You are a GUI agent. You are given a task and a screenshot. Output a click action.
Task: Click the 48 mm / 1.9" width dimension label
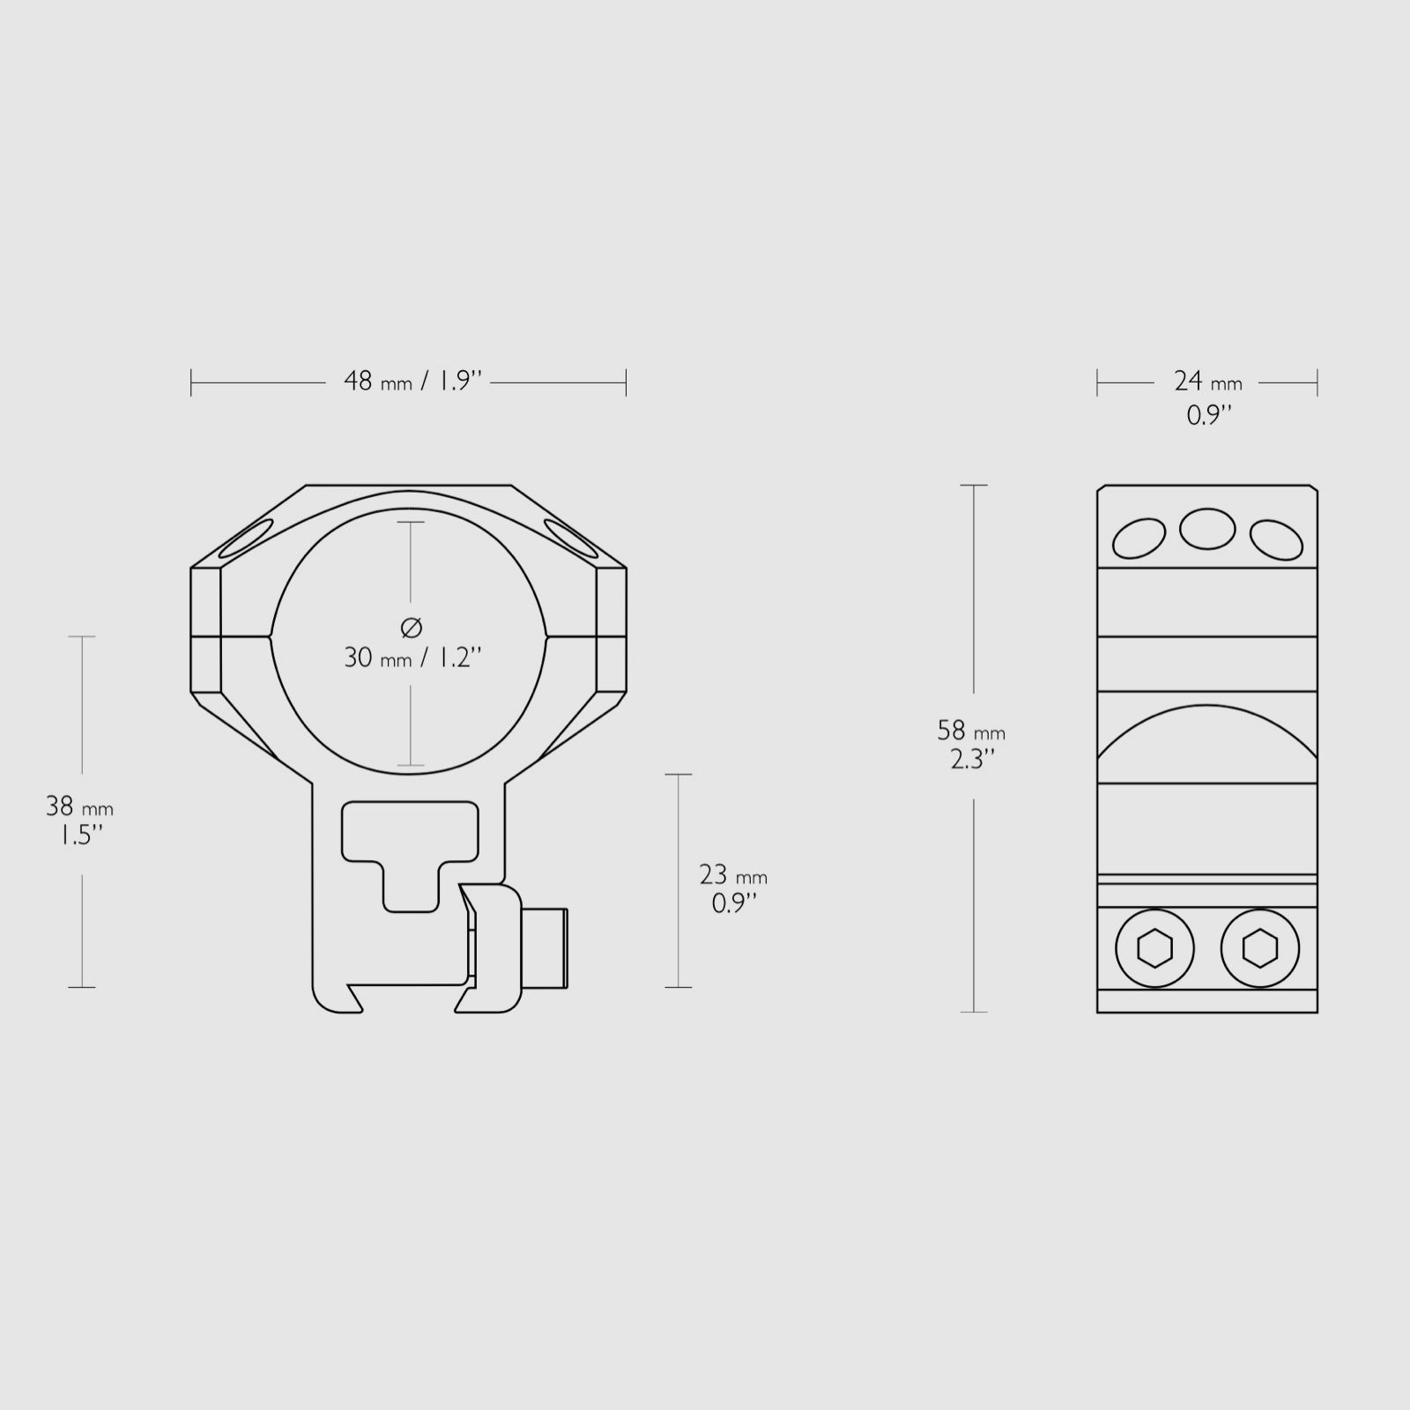coord(412,382)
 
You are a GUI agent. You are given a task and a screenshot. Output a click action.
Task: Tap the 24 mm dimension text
coord(1207,382)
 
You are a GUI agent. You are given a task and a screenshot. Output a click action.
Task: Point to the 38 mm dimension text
coord(79,806)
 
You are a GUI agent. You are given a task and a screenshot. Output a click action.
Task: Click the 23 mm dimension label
coord(732,875)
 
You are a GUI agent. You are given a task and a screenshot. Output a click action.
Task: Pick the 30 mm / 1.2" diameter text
coord(412,657)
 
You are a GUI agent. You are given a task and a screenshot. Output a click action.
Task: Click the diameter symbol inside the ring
coord(412,627)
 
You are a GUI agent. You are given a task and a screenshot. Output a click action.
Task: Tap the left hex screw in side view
coord(1154,949)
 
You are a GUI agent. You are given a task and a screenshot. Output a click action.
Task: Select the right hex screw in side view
coord(1259,949)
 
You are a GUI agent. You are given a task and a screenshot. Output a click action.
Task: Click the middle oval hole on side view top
coord(1207,529)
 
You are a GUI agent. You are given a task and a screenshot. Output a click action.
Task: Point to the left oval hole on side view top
coord(1139,538)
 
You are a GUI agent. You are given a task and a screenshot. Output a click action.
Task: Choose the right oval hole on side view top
coord(1276,539)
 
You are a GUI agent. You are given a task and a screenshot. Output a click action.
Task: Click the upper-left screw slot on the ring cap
coord(247,538)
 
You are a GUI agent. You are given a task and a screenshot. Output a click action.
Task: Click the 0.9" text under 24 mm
coord(1208,415)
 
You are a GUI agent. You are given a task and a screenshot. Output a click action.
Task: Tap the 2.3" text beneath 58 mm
coord(972,759)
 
